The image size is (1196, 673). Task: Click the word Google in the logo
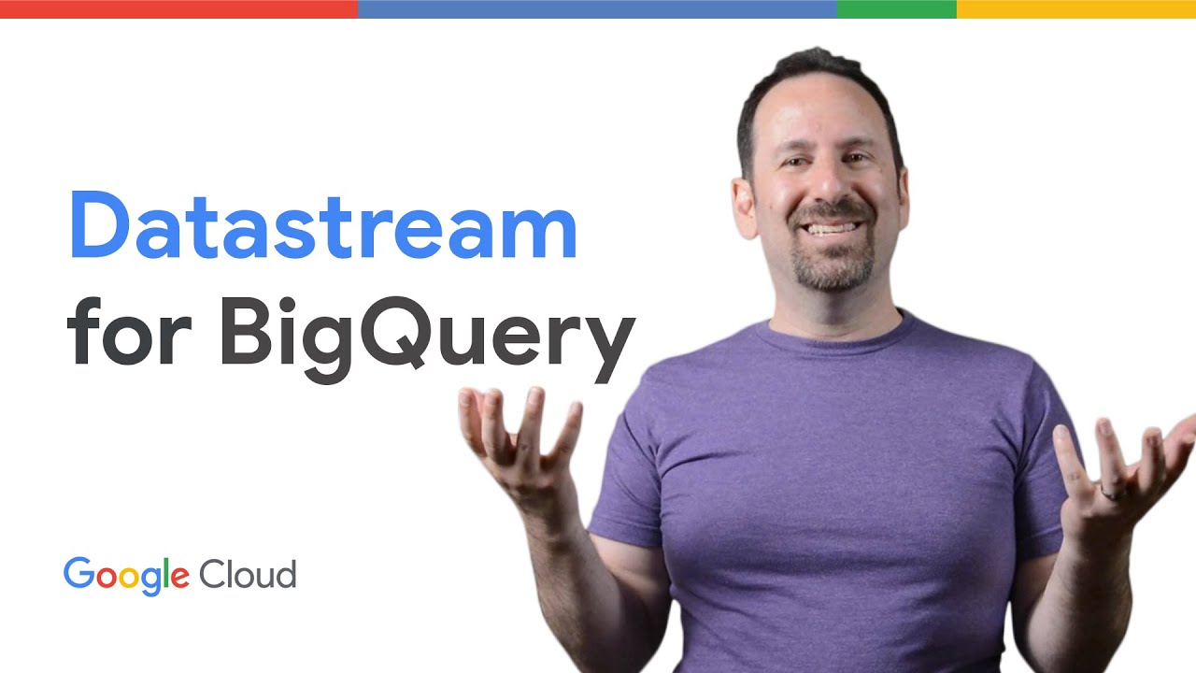[x=126, y=574]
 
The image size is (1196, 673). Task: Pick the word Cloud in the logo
[x=248, y=573]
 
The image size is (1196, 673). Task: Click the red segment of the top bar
[x=178, y=9]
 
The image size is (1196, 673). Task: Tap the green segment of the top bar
[x=896, y=9]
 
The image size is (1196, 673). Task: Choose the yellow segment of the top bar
[x=1075, y=9]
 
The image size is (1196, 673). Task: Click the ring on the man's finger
[x=1107, y=492]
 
